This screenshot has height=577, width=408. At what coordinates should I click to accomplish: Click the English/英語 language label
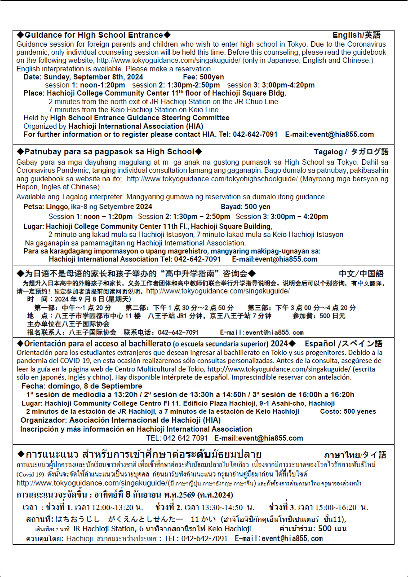coord(356,35)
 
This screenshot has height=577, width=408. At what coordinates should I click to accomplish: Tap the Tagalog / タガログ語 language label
coord(351,152)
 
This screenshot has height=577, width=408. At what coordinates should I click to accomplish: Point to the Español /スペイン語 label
coord(343,344)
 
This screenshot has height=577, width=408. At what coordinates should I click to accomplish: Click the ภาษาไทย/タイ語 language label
coord(355,455)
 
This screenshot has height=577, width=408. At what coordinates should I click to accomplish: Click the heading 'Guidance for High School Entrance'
coord(94,35)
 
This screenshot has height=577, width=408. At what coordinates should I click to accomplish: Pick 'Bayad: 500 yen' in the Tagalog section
coord(245,207)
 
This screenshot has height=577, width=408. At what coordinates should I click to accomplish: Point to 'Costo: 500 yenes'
coord(348,411)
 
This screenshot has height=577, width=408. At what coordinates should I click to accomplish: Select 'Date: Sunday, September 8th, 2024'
coord(84,77)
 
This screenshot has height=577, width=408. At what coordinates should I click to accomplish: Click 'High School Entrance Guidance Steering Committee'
coord(140,118)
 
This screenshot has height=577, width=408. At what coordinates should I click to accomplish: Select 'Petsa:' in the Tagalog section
coord(34,207)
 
